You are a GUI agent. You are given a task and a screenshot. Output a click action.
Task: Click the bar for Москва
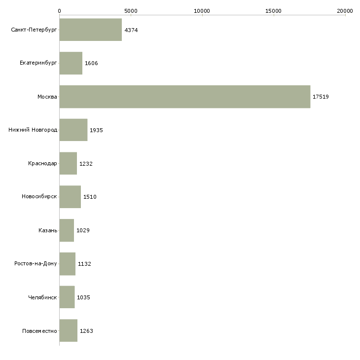(x=184, y=97)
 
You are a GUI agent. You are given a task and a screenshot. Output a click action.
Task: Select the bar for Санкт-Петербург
(x=90, y=30)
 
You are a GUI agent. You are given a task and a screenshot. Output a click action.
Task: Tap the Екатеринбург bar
(x=71, y=63)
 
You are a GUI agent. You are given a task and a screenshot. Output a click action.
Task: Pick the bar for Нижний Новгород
(x=73, y=130)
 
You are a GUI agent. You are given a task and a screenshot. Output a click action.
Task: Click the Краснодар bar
(x=68, y=164)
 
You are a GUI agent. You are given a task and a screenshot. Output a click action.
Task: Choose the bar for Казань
(x=67, y=230)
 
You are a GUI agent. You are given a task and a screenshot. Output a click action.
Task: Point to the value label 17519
(x=321, y=97)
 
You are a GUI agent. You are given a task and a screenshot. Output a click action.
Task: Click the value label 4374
(x=131, y=30)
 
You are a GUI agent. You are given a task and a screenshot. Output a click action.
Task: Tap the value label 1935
(x=96, y=130)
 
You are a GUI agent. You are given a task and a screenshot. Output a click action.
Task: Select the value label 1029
(x=83, y=230)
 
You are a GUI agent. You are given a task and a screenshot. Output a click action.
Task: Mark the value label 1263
(x=86, y=331)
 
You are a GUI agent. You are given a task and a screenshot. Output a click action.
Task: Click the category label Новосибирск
(x=39, y=197)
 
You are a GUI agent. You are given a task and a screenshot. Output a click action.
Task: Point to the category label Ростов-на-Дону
(x=36, y=264)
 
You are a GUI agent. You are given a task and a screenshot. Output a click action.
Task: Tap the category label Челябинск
(x=42, y=297)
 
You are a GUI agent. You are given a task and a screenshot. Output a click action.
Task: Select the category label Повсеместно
(x=39, y=331)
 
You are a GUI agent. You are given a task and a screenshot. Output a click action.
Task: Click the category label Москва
(x=47, y=97)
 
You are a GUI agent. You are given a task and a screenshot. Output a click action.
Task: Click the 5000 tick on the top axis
(x=131, y=10)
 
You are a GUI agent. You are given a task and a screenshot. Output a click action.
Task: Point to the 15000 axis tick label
(x=274, y=10)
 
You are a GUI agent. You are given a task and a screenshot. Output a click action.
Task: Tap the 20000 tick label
(x=345, y=10)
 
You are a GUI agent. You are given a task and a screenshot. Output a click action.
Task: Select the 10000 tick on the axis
(x=202, y=10)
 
